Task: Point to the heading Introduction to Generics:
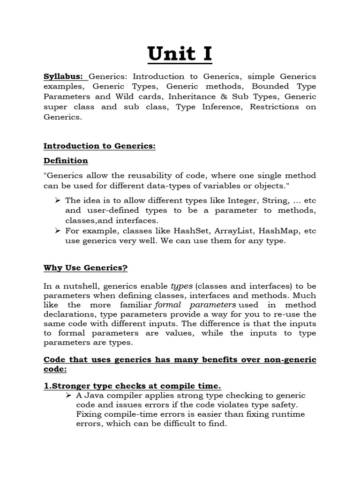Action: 99,146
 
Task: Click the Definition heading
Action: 66,161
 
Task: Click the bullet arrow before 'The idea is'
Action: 58,201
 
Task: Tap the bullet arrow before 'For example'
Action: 58,231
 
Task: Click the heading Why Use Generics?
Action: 85,268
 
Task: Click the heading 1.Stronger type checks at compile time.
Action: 132,386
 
